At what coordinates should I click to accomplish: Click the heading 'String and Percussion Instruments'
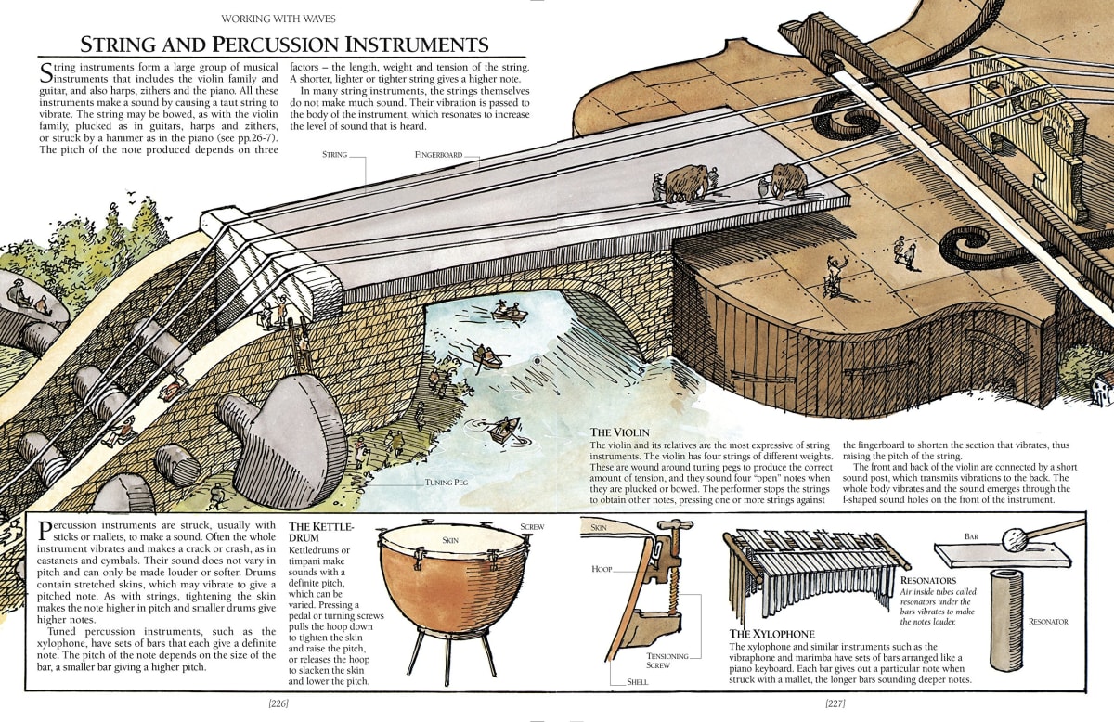coord(283,44)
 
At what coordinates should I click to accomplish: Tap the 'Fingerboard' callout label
coord(438,155)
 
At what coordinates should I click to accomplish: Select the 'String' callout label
coord(334,155)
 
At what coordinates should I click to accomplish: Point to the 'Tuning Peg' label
coord(445,483)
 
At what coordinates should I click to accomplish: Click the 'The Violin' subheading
coord(619,432)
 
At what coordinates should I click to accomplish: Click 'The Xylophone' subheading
coord(771,634)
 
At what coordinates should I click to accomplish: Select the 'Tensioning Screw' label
coord(667,660)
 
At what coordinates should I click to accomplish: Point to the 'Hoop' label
coord(602,568)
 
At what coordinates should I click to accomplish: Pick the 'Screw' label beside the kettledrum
coord(532,527)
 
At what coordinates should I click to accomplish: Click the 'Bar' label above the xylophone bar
coord(971,536)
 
